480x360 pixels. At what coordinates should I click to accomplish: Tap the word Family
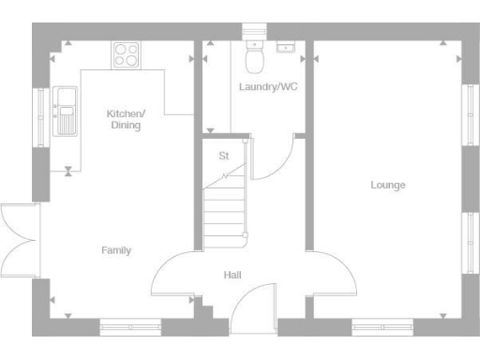pyautogui.click(x=116, y=250)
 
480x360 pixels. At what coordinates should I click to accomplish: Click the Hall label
pyautogui.click(x=232, y=276)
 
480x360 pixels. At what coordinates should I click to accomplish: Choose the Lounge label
pyautogui.click(x=387, y=186)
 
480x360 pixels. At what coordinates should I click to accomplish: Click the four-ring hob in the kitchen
pyautogui.click(x=126, y=54)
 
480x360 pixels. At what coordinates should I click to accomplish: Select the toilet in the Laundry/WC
pyautogui.click(x=253, y=56)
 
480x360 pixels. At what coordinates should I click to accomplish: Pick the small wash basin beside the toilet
pyautogui.click(x=285, y=45)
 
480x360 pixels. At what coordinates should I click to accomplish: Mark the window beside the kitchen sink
pyautogui.click(x=39, y=112)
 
